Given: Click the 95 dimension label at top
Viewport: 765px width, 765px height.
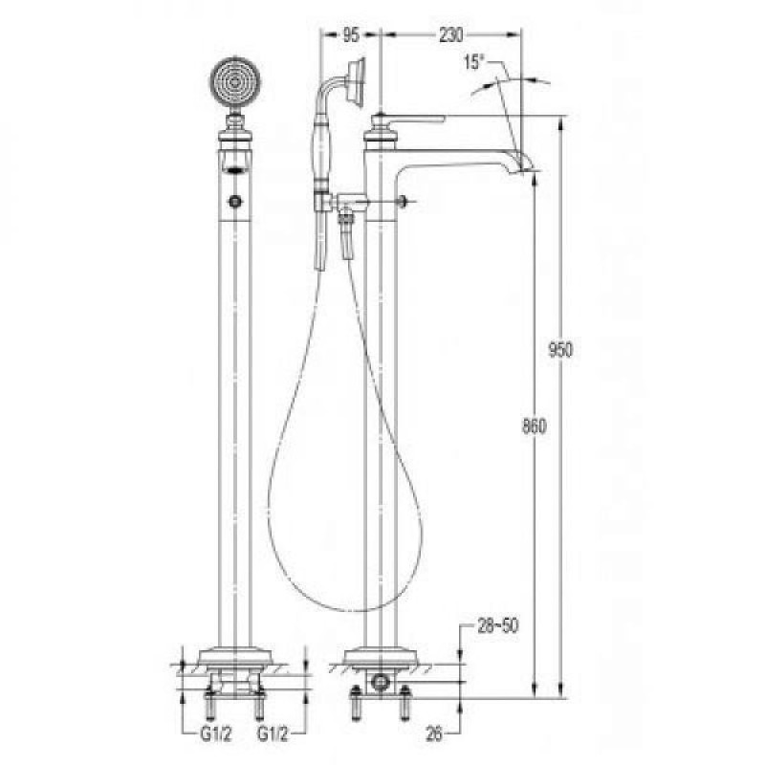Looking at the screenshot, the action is (x=351, y=35).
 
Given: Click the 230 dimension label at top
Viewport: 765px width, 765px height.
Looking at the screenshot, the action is (x=450, y=35).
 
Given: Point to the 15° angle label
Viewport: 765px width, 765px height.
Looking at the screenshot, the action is (x=473, y=62).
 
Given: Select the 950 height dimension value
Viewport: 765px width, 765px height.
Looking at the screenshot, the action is (x=559, y=349).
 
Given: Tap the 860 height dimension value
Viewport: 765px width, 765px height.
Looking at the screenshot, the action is (x=535, y=426).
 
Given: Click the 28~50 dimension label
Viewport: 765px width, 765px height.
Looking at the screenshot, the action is (x=497, y=626).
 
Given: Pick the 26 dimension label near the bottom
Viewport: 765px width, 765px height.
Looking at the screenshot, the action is (x=434, y=733).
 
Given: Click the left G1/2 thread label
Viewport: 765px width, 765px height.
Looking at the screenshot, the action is (x=217, y=734).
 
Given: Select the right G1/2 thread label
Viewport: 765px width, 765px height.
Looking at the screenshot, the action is (x=273, y=734).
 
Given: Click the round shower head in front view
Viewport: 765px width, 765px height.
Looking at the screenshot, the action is (x=235, y=82).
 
